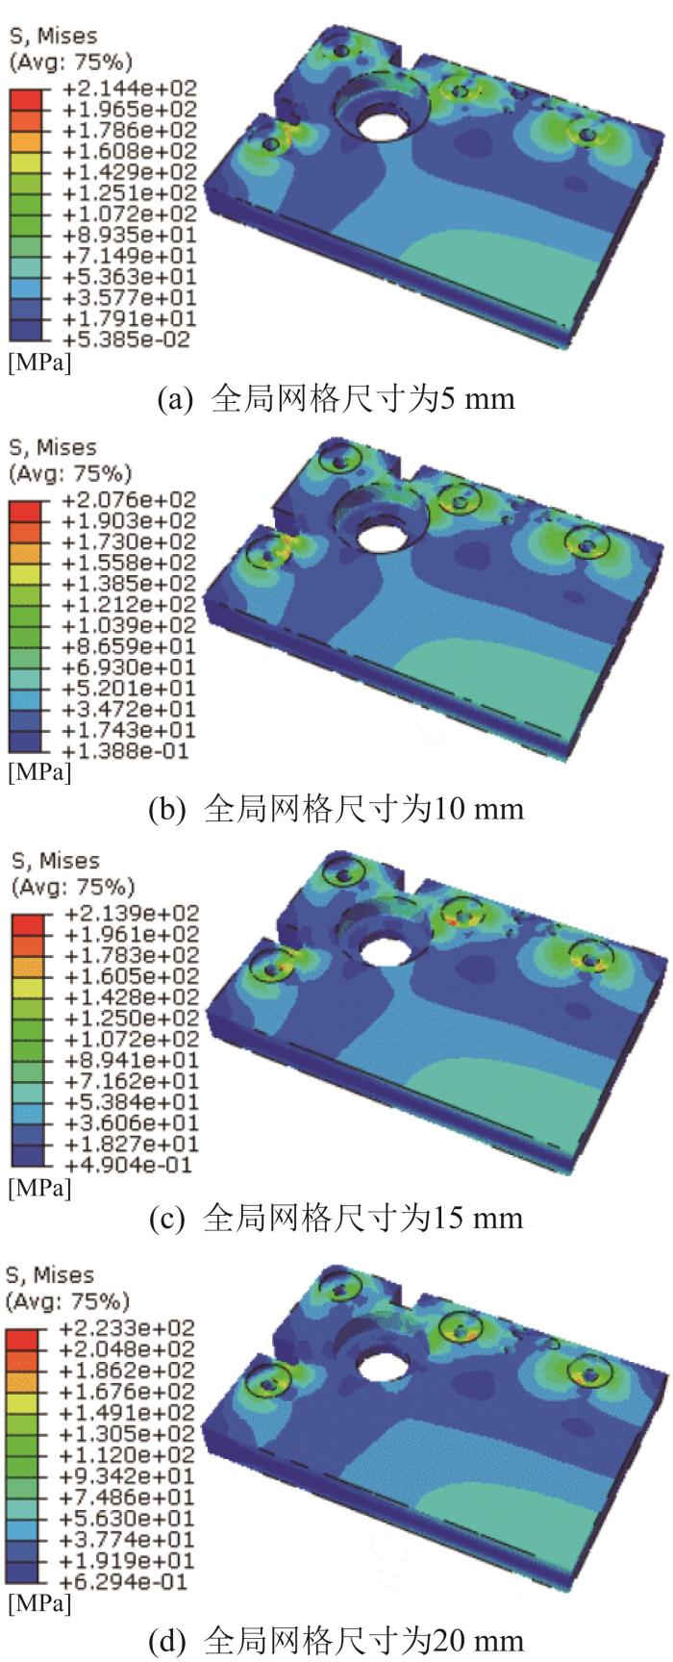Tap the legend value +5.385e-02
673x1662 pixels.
pos(128,340)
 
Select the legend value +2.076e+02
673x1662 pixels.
pos(128,500)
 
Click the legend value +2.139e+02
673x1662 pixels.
pos(128,913)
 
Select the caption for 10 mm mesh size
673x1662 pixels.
pos(336,808)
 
